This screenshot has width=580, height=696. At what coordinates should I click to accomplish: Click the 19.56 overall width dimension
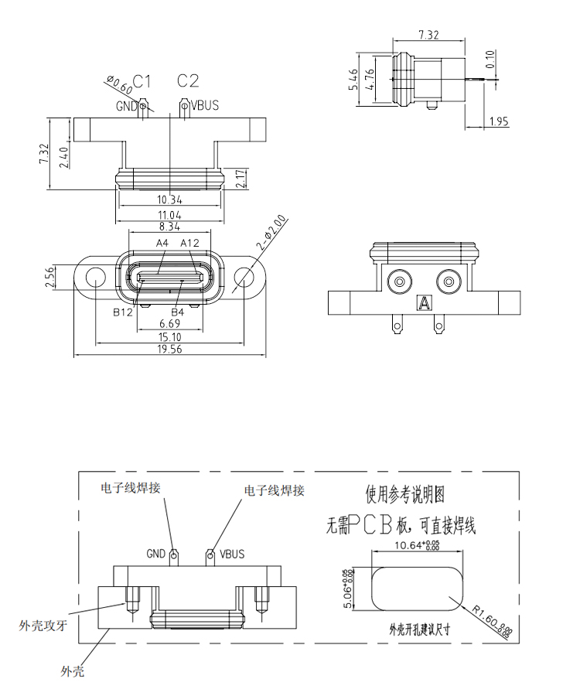pyautogui.click(x=170, y=350)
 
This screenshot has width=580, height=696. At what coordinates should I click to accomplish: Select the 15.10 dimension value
pyautogui.click(x=170, y=336)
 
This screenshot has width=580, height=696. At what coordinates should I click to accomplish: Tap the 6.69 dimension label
pyautogui.click(x=170, y=323)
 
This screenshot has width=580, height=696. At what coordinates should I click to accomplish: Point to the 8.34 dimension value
pyautogui.click(x=170, y=227)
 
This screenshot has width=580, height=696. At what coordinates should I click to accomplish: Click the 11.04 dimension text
pyautogui.click(x=170, y=214)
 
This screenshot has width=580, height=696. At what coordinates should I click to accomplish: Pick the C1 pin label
pyautogui.click(x=142, y=80)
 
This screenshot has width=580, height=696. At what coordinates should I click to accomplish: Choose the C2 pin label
pyautogui.click(x=188, y=80)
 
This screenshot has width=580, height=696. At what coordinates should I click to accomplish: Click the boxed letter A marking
pyautogui.click(x=423, y=302)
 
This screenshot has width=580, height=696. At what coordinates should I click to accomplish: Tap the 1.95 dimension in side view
pyautogui.click(x=499, y=121)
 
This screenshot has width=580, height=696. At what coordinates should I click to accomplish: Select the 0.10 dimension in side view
pyautogui.click(x=490, y=59)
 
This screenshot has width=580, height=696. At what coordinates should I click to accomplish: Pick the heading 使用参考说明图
pyautogui.click(x=405, y=493)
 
